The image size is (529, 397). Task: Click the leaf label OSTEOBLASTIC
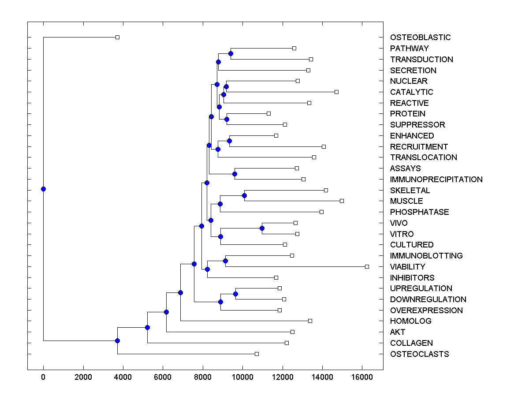point(420,37)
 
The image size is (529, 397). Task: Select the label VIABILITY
point(407,267)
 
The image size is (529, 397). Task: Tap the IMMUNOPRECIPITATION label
point(436,180)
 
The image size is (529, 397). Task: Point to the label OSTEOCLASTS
point(419,354)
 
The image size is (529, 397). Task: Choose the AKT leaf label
point(397,332)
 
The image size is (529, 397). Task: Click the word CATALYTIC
point(411,92)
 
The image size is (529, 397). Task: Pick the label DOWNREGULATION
point(428,300)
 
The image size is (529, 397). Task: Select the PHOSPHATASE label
point(419,212)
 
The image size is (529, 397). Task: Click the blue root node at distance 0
point(43,189)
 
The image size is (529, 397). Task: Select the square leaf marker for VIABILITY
point(367,266)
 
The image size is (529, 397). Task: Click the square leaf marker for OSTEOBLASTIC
point(117,37)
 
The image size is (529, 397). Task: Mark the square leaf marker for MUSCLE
point(342,201)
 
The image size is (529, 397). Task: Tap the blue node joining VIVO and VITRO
point(262,228)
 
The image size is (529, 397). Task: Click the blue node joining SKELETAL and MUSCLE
point(244,195)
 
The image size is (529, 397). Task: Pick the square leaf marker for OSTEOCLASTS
point(257,354)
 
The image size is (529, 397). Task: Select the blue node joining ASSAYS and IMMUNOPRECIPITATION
point(235,174)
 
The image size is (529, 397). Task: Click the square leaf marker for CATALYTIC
point(336,92)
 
